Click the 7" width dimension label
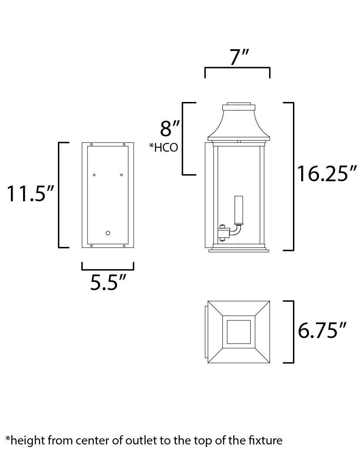[239, 57]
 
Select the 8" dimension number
[170, 129]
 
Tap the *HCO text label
[164, 148]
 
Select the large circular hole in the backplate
[108, 233]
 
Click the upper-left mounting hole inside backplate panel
[94, 175]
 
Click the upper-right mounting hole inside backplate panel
[121, 175]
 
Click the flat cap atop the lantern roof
[238, 106]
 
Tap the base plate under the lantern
[239, 250]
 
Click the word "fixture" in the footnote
[264, 440]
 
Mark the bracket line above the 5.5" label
[108, 269]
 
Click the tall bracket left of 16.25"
[294, 176]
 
